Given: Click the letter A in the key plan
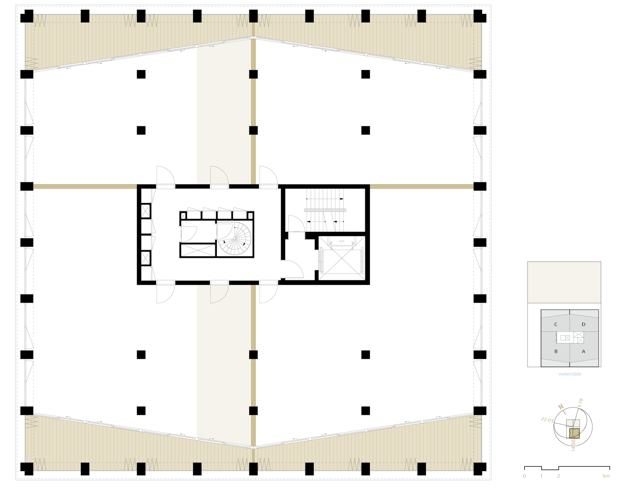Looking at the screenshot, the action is pyautogui.click(x=584, y=352).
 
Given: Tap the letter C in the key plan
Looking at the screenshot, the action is pyautogui.click(x=556, y=324).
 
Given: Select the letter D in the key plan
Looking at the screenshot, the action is pyautogui.click(x=584, y=324).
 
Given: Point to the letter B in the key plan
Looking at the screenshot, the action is pyautogui.click(x=556, y=352).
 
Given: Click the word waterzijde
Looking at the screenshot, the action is pyautogui.click(x=570, y=374).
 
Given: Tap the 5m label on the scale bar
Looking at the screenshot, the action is pyautogui.click(x=606, y=476).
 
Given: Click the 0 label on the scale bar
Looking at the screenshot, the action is pyautogui.click(x=524, y=476).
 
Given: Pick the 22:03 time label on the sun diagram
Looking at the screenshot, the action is pyautogui.click(x=547, y=420).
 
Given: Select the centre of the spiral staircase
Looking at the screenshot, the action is pyautogui.click(x=235, y=238).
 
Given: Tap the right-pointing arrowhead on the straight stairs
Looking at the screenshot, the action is pyautogui.click(x=342, y=199).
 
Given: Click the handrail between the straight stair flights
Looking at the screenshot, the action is pyautogui.click(x=325, y=210).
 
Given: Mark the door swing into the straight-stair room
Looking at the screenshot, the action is pyautogui.click(x=296, y=224).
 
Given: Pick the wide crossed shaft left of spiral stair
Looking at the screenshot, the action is pyautogui.click(x=198, y=250).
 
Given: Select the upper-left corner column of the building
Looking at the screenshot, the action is pyautogui.click(x=27, y=16).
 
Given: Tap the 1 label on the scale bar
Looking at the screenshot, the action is pyautogui.click(x=541, y=476).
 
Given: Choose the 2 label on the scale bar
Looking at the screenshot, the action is pyautogui.click(x=559, y=476).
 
